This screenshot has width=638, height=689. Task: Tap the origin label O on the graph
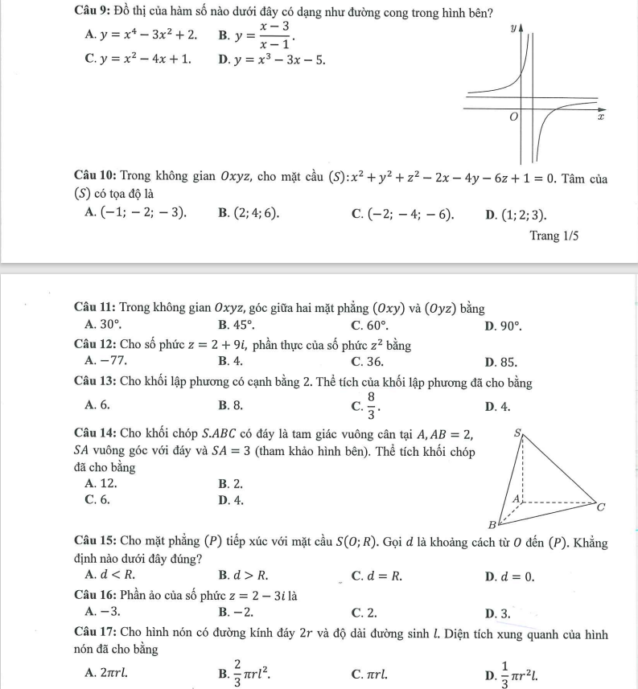pyautogui.click(x=509, y=118)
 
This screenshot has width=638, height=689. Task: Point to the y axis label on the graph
pyautogui.click(x=513, y=28)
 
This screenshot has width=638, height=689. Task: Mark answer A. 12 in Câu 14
pyautogui.click(x=101, y=483)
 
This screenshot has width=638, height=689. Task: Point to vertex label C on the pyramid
pyautogui.click(x=599, y=507)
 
